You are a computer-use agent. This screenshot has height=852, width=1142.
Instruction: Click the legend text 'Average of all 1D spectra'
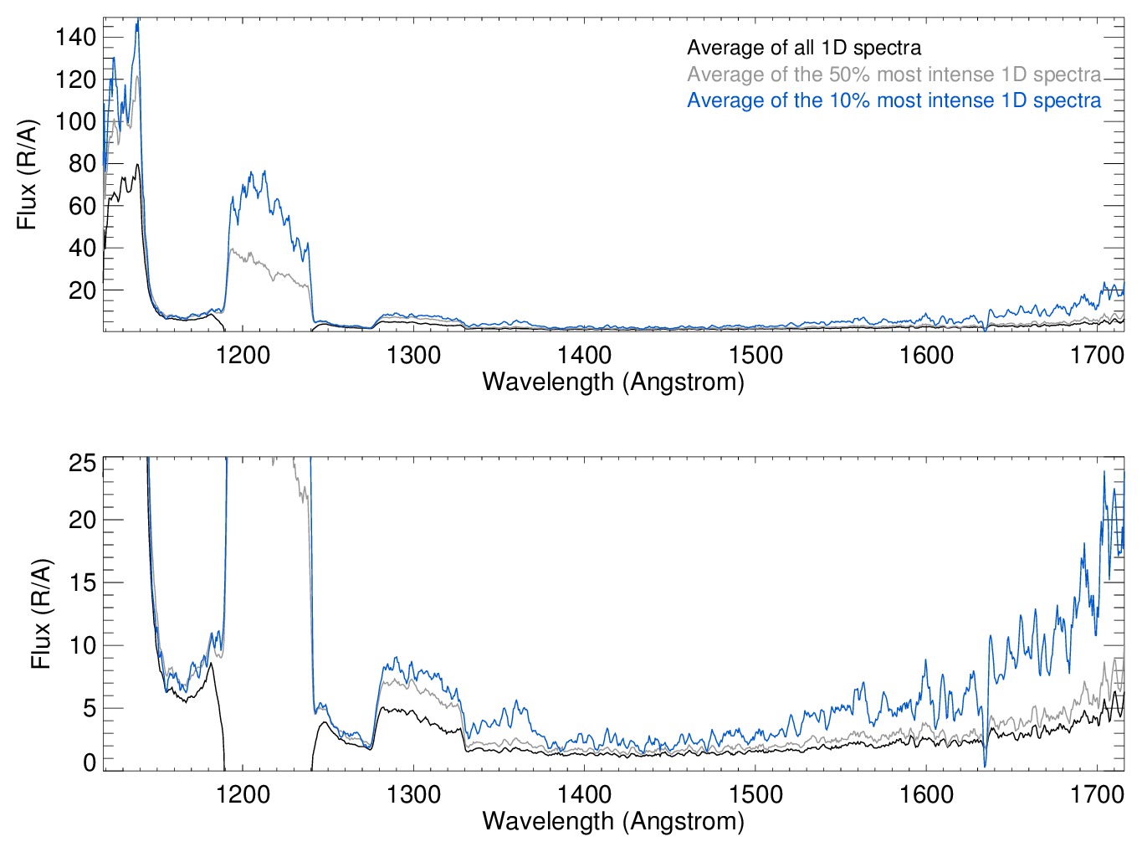point(803,48)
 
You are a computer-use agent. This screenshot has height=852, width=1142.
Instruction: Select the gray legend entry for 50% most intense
point(894,74)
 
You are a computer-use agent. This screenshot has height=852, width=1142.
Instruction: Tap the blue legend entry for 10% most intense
point(894,100)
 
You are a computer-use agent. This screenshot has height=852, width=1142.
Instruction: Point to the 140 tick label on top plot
point(75,37)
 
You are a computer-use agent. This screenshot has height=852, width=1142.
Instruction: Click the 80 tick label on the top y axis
point(82,163)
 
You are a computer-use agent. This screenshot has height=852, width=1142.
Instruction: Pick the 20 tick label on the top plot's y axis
point(82,290)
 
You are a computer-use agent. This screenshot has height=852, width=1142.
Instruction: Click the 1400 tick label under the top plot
point(584,355)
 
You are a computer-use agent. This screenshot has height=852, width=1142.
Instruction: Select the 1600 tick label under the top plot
point(926,355)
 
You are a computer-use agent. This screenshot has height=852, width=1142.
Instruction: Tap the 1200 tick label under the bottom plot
point(243,793)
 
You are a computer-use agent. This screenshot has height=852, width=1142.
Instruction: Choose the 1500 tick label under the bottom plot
point(755,793)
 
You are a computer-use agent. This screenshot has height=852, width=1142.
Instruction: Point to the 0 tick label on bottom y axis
point(89,762)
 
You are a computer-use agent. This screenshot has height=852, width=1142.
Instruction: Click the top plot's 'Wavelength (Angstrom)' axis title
point(613,382)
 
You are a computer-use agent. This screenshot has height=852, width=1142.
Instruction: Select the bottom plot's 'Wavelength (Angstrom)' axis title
point(613,821)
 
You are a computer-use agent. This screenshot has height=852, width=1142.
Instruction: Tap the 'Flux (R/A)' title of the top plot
point(27,175)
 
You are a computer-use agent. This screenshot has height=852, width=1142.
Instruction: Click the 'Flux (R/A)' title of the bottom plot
point(40,614)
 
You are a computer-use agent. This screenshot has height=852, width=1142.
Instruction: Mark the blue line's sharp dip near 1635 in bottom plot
point(985,765)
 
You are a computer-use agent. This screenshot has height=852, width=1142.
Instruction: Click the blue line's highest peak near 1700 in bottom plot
point(1104,472)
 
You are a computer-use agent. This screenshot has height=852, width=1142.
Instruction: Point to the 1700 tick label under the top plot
point(1097,355)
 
